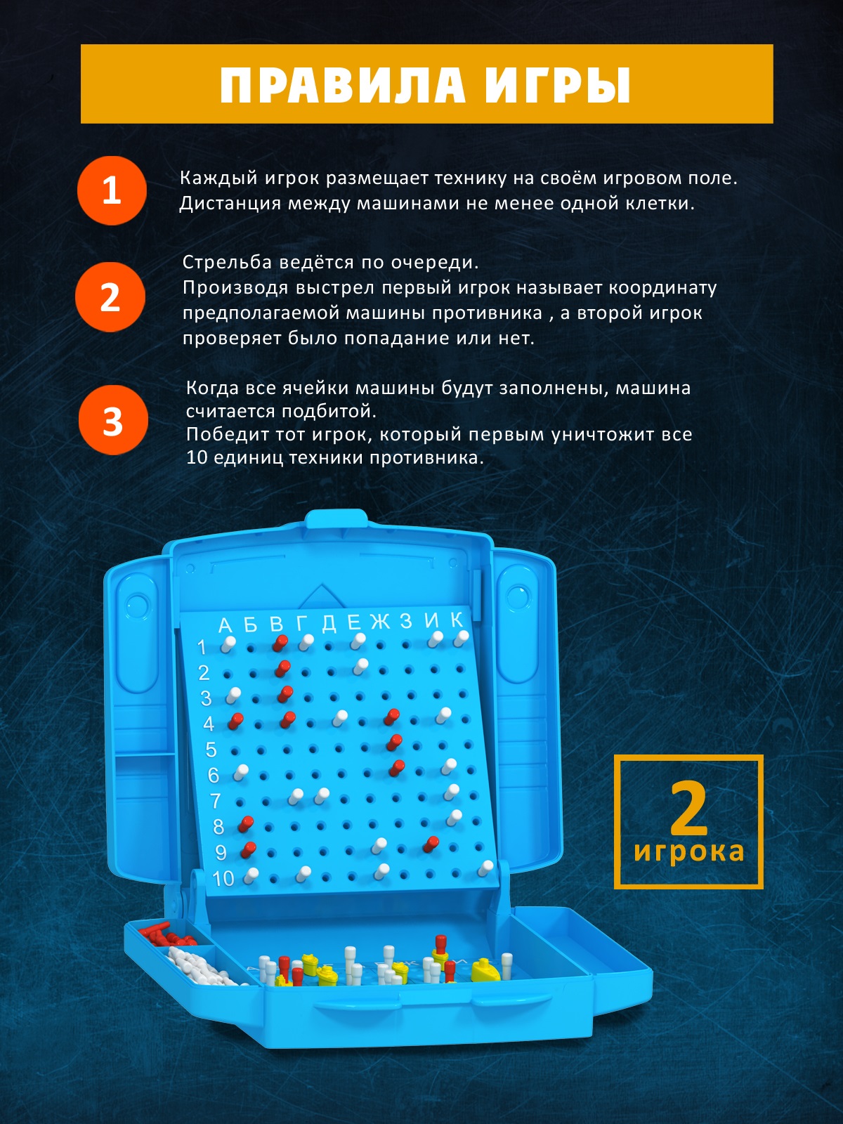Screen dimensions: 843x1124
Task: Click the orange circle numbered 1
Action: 112,190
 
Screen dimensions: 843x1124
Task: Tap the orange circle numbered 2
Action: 110,297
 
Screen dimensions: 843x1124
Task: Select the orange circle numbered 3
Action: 113,420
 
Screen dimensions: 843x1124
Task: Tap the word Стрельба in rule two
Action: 227,262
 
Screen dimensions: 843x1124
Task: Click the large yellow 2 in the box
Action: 689,809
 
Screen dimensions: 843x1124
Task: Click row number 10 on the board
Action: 223,879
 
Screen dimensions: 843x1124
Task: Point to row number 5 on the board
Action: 211,750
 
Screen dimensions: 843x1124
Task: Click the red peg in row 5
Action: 394,742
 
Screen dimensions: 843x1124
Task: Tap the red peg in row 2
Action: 282,668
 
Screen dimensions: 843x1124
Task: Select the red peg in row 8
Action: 246,823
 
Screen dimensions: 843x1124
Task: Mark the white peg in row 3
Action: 233,695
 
